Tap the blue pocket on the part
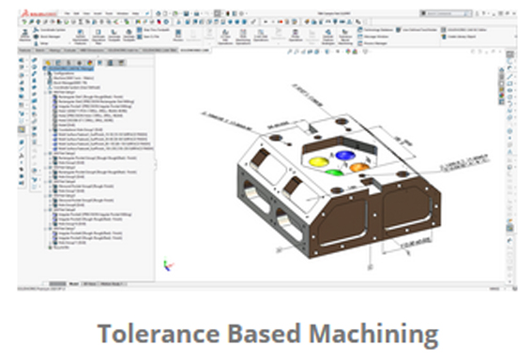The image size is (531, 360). coord(345,156)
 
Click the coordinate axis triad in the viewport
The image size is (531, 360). coord(167,265)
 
